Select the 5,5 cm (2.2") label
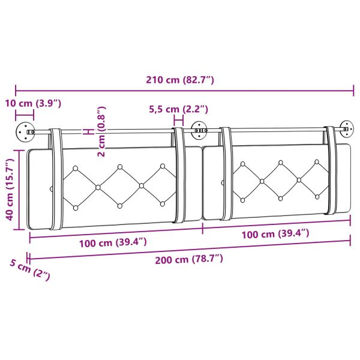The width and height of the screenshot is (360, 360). click(178, 109)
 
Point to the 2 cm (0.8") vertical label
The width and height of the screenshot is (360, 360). click(101, 132)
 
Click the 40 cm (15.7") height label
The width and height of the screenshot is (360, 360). click(10, 190)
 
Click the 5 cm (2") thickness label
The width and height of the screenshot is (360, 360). click(29, 271)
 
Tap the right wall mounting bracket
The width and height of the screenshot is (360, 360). click(346, 128)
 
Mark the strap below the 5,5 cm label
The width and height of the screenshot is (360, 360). click(179, 174)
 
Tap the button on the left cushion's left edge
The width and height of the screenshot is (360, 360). click(51, 188)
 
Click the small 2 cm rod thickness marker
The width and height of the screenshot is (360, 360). click(88, 131)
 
